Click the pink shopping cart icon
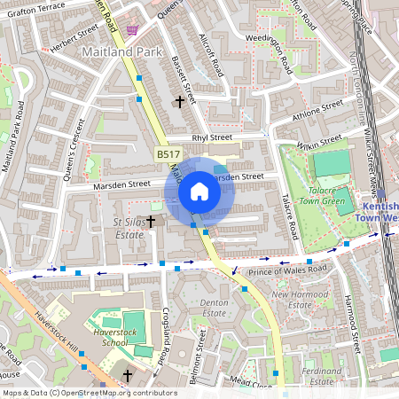click(132, 30)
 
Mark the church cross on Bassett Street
click(180, 102)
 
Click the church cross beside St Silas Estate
click(151, 221)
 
